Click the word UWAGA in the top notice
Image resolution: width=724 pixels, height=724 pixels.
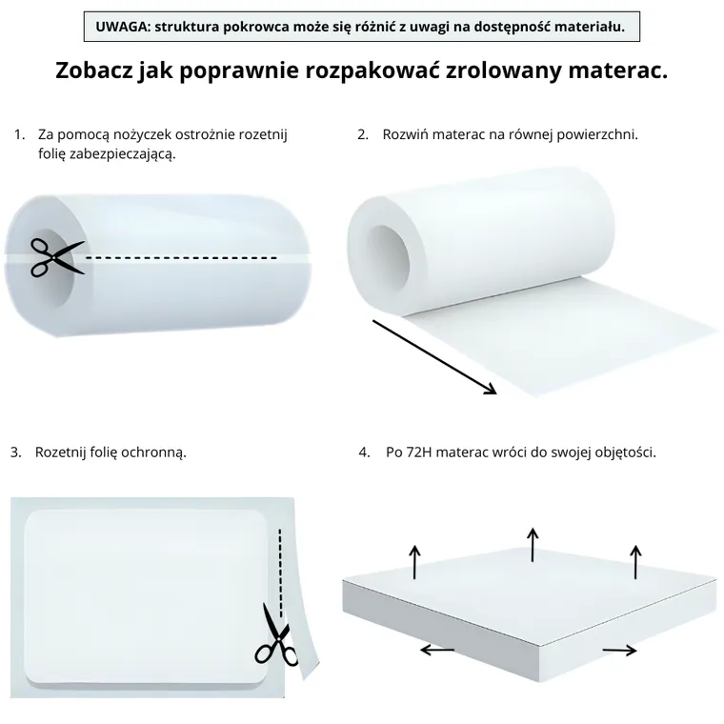pos(121,26)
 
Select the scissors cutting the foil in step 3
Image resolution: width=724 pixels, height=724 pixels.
pos(276,634)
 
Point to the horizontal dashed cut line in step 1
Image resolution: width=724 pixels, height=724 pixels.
pos(181,257)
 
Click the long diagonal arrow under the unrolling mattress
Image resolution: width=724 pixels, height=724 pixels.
pos(434,356)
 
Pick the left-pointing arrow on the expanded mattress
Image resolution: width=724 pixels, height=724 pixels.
pos(437,650)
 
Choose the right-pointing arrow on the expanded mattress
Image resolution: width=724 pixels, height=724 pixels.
pos(619,650)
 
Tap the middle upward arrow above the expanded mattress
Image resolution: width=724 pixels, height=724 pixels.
pos(533,544)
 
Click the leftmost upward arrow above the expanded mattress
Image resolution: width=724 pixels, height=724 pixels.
pos(414,561)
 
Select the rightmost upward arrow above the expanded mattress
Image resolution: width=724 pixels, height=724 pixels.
pos(635,561)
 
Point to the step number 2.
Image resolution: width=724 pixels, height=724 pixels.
pos(363,135)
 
